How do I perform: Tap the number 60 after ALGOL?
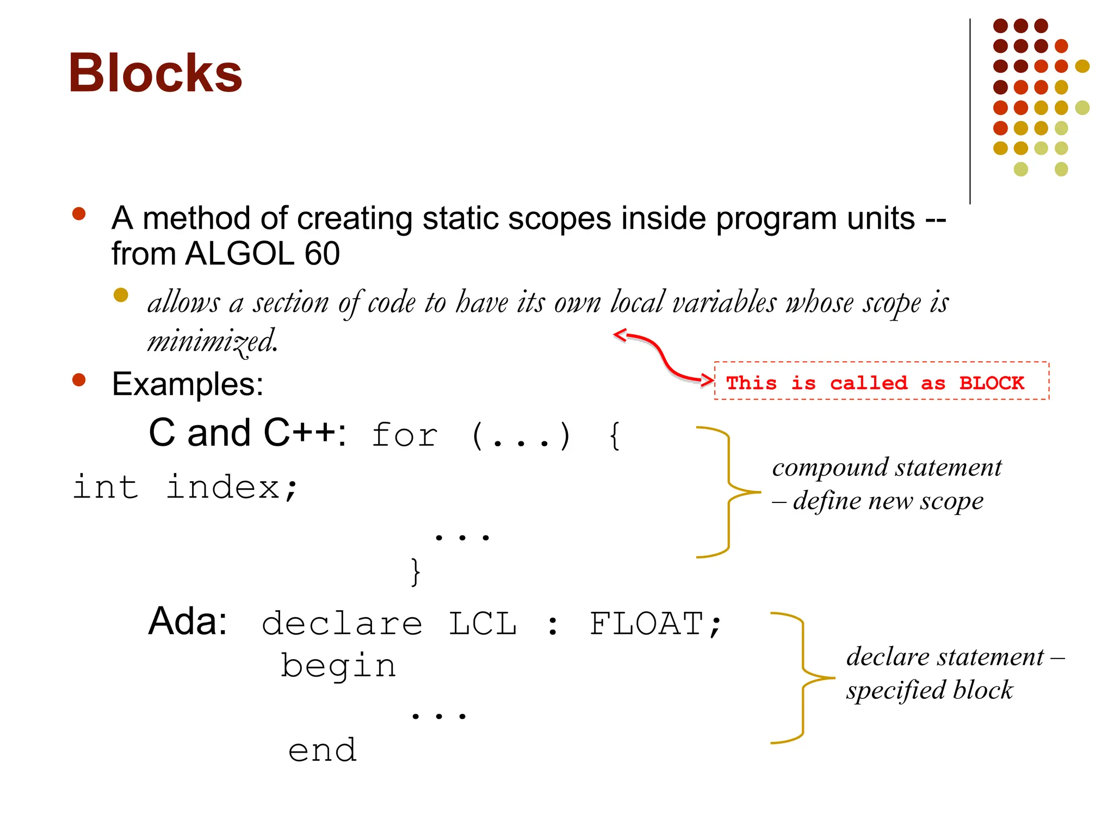click(x=322, y=254)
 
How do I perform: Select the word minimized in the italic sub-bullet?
click(x=212, y=342)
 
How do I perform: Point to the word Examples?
click(x=187, y=384)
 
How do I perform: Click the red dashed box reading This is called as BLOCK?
click(x=881, y=382)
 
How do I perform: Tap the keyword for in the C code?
click(x=405, y=435)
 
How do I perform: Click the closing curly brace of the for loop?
click(x=416, y=571)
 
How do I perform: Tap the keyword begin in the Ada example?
click(x=338, y=666)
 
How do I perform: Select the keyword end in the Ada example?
click(x=322, y=751)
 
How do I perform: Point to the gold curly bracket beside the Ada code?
click(x=802, y=678)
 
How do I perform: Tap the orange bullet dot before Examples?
click(x=79, y=379)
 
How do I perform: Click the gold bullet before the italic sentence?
click(x=121, y=295)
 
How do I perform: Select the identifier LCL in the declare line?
click(x=482, y=624)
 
